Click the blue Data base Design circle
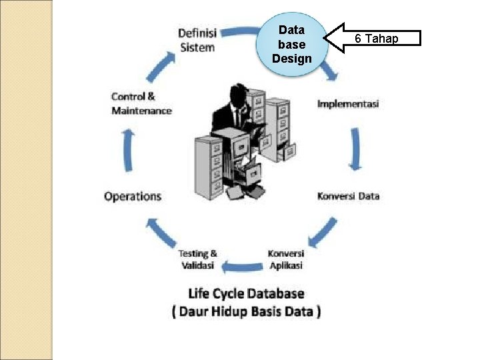pyautogui.click(x=292, y=44)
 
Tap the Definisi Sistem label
pyautogui.click(x=197, y=40)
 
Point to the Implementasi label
pyautogui.click(x=348, y=104)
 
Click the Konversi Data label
pyautogui.click(x=348, y=196)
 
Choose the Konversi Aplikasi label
pyautogui.click(x=286, y=259)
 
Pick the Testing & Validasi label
pyautogui.click(x=197, y=259)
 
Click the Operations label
pyautogui.click(x=133, y=196)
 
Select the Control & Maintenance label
pyautogui.click(x=141, y=104)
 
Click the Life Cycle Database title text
pyautogui.click(x=246, y=293)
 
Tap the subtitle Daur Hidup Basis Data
pyautogui.click(x=246, y=311)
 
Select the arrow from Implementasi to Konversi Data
pyautogui.click(x=354, y=149)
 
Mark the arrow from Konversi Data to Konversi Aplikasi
pyautogui.click(x=323, y=233)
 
